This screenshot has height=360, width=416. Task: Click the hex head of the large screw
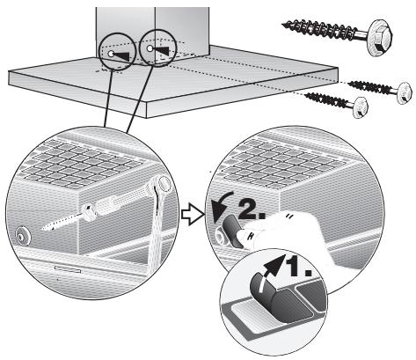coord(380,37)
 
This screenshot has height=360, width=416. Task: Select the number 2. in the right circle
coord(252,209)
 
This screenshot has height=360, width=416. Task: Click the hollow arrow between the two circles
coord(192,215)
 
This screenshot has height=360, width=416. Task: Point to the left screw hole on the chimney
coord(111,54)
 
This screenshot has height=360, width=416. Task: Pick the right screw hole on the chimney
coord(150,48)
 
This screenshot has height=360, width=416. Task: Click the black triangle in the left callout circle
coord(122,56)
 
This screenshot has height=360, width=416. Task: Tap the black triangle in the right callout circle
coord(161,50)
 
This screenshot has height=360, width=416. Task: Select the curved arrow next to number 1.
coord(274,265)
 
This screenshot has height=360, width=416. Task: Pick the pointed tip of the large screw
coord(283,26)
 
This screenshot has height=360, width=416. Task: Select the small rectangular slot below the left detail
coord(68,269)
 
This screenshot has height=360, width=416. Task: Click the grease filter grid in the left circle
coord(80,165)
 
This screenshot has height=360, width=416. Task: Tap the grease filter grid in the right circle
coord(281,165)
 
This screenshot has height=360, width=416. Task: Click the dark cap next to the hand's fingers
coord(232,231)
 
